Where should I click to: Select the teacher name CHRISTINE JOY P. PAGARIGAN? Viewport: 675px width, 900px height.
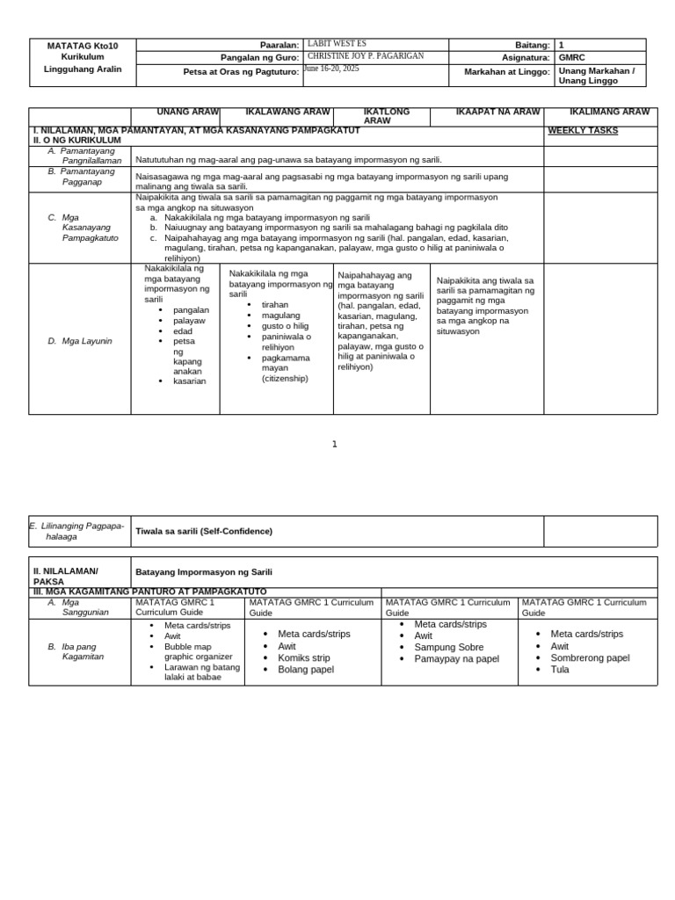tap(366, 55)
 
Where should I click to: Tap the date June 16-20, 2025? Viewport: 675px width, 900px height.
tap(332, 68)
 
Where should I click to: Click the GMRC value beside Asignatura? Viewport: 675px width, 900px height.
tap(571, 57)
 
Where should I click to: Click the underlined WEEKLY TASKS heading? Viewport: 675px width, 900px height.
tap(583, 131)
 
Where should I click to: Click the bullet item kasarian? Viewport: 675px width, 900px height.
tap(190, 381)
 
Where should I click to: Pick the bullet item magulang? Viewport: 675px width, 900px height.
tap(281, 315)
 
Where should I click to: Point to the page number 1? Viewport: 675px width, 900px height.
tap(335, 444)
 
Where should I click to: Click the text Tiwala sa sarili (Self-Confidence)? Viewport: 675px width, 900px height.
tap(204, 531)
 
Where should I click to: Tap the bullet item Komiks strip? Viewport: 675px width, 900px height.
tap(305, 657)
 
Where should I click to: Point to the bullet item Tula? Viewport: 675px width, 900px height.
tap(560, 670)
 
